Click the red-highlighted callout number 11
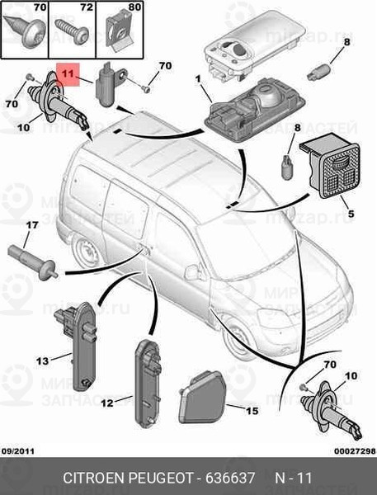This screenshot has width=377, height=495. coord(68,74)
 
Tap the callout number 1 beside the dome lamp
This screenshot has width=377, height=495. coord(198,79)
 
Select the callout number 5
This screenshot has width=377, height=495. coord(351,214)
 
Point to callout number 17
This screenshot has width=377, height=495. coord(31,225)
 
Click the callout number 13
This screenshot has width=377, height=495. coord(43,361)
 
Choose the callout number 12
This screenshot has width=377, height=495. coord(107,403)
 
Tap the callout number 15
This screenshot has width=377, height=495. coord(252,411)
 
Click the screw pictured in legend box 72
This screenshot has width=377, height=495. coord(72,31)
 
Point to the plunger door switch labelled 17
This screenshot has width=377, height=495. coord(33,263)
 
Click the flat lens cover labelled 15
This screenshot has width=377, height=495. coord(202,397)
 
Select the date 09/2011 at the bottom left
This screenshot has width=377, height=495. coord(18,451)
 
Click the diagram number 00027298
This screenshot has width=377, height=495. coord(355,451)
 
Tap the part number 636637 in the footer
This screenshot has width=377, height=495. coord(230,478)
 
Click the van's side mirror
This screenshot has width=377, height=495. coord(193,272)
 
